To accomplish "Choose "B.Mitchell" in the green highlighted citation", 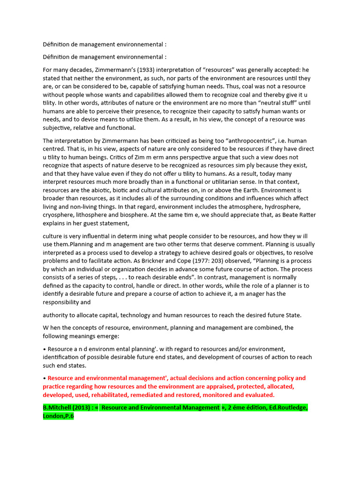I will [58, 408].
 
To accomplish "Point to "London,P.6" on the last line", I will [59, 416].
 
